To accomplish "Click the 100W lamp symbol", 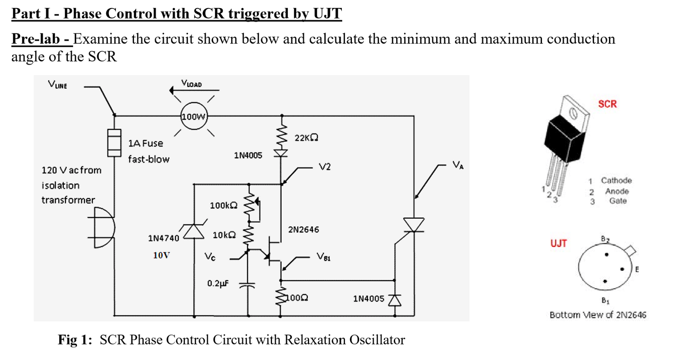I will (x=194, y=117).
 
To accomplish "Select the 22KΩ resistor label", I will (x=306, y=138).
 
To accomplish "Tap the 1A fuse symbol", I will (x=114, y=142).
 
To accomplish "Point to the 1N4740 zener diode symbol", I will (x=194, y=232).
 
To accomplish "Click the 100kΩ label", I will (x=223, y=205).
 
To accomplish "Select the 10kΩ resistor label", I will (x=224, y=235).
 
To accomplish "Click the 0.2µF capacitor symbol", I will (x=247, y=285).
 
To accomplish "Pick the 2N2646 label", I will (x=303, y=230).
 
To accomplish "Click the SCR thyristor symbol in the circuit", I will (x=414, y=225).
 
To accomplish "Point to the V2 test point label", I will (x=324, y=167).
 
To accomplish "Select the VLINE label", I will (x=57, y=84).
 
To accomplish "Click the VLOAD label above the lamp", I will (x=191, y=84).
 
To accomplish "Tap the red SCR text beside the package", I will (x=607, y=104).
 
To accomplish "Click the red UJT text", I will (x=559, y=243).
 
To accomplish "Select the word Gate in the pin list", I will (x=618, y=201).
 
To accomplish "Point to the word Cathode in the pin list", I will (x=616, y=180).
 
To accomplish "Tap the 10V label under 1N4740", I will (x=161, y=255).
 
